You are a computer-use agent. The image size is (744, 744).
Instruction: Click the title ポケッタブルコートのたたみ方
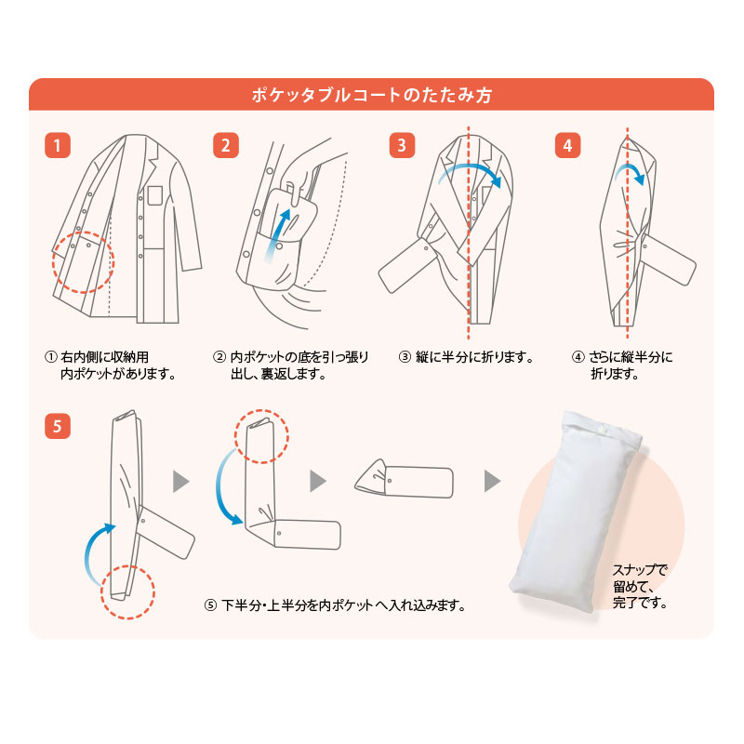[x=372, y=95]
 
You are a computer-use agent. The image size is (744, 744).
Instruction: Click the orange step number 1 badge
[x=58, y=146]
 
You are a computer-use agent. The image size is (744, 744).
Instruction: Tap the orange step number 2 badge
[x=226, y=146]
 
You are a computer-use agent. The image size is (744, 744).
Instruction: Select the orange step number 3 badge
[x=400, y=146]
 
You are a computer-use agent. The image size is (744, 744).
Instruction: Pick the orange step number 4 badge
[x=567, y=146]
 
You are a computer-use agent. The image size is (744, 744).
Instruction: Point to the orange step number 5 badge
[x=58, y=427]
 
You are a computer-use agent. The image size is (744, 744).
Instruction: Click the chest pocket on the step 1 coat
[x=154, y=194]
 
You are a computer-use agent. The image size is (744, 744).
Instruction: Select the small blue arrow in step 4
[x=632, y=172]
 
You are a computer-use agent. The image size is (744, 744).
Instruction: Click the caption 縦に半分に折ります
[x=465, y=357]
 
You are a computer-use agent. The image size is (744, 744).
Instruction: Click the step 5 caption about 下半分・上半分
[x=335, y=605]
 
